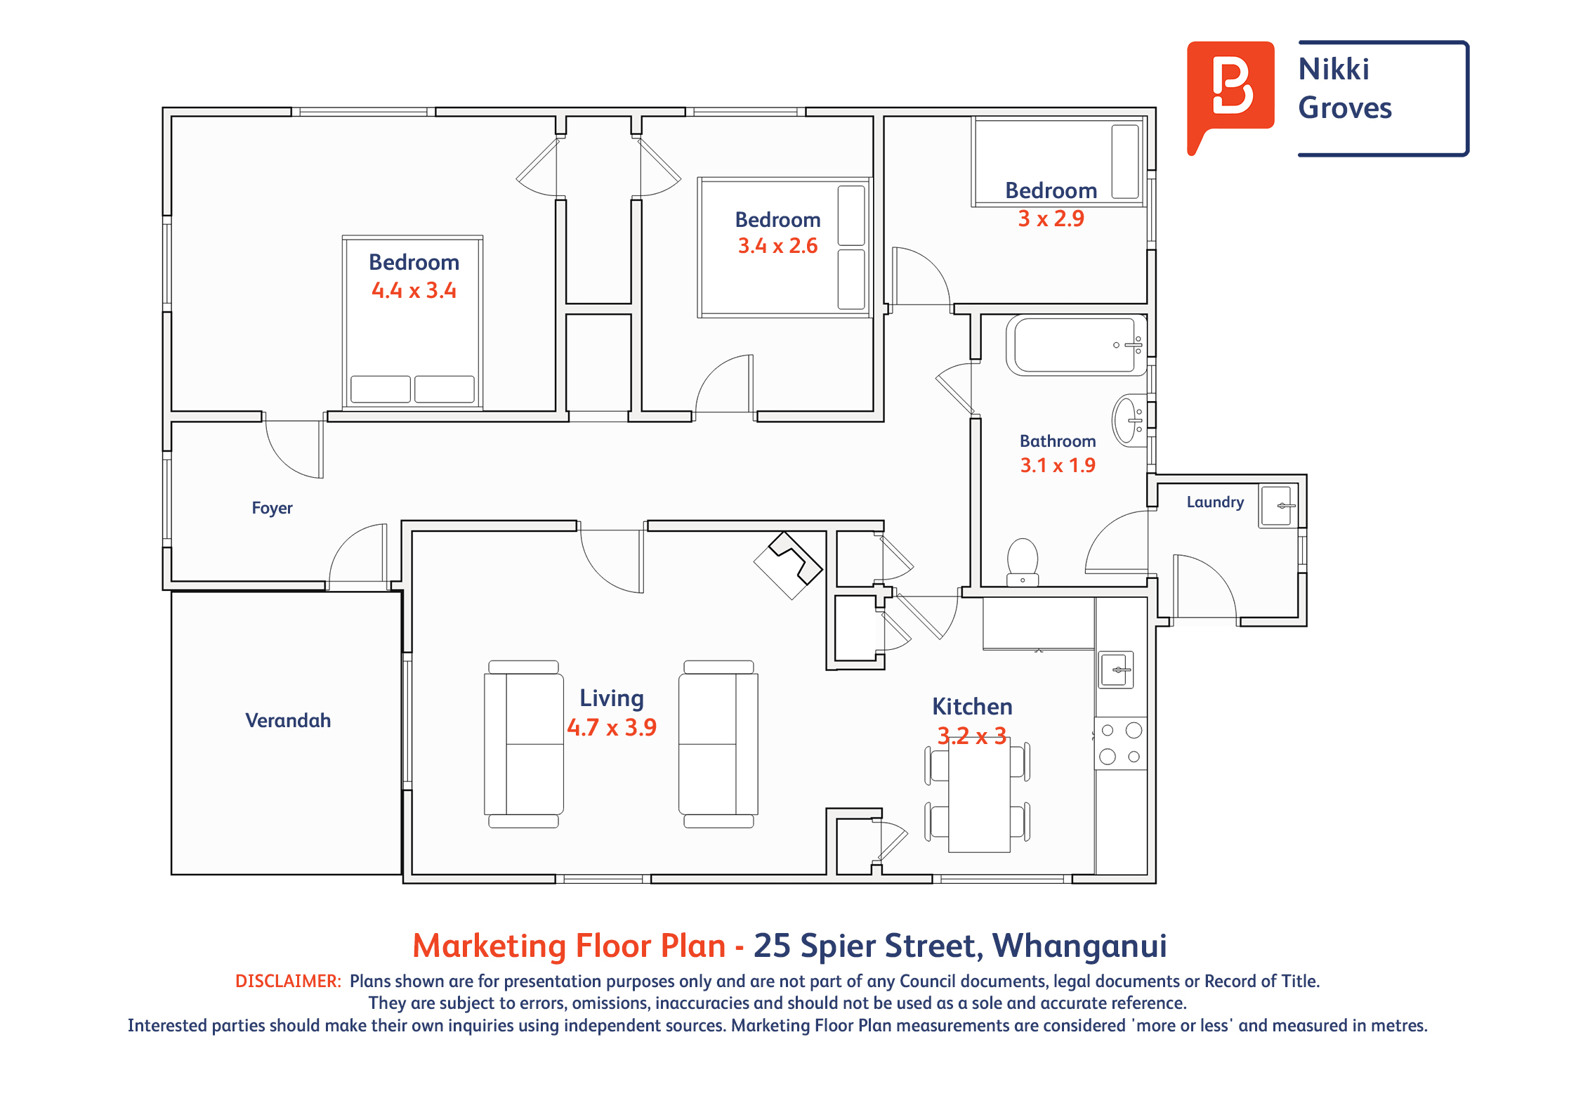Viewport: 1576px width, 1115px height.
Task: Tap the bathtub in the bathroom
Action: click(x=1076, y=345)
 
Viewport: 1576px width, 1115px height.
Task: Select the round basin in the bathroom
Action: click(x=1129, y=420)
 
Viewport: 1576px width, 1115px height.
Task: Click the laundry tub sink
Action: click(x=1278, y=506)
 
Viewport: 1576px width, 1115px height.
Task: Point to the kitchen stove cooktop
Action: click(x=1121, y=743)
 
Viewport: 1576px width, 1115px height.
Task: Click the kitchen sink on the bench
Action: click(x=1116, y=670)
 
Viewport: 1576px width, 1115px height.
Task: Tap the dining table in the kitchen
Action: click(x=979, y=796)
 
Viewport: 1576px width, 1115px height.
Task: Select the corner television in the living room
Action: click(x=788, y=565)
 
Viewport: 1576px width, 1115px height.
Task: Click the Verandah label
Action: click(x=288, y=720)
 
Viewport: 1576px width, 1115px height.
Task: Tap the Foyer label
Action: click(x=272, y=508)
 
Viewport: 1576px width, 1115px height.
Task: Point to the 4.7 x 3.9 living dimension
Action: click(x=612, y=727)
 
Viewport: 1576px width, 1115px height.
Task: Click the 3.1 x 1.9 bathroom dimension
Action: click(x=1058, y=465)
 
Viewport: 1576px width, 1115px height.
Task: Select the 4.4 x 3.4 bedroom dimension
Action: click(x=414, y=290)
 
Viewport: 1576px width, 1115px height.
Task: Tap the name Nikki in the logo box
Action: click(x=1334, y=69)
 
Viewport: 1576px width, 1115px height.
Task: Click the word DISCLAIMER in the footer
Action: click(x=288, y=981)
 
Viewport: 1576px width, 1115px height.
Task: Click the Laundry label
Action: click(x=1215, y=502)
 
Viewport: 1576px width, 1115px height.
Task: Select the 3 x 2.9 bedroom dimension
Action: click(x=1051, y=219)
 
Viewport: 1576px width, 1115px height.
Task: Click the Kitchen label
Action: click(x=972, y=706)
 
